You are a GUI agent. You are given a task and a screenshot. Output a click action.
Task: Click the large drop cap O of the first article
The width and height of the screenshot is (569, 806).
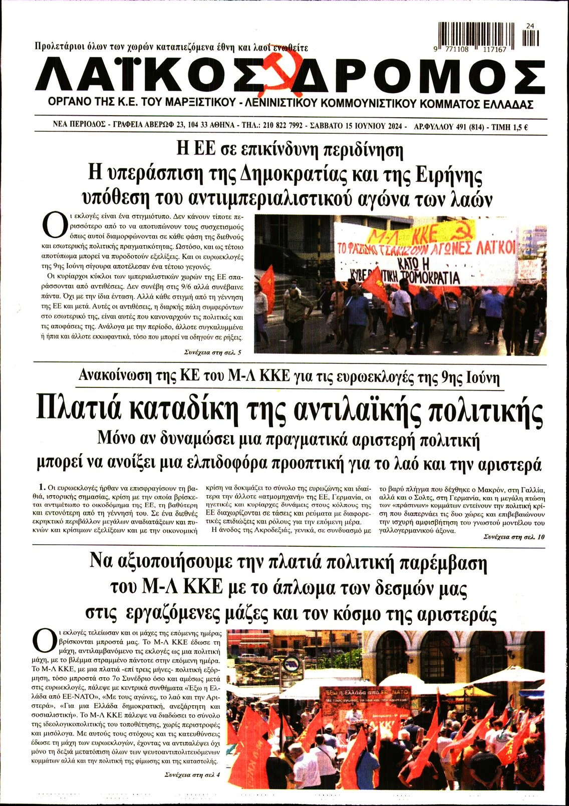coord(54,226)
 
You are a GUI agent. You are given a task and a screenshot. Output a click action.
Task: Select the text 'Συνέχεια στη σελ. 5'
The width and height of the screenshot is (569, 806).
coord(213,352)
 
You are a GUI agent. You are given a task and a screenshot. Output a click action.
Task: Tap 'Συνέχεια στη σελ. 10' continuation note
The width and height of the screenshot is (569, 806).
coord(514,537)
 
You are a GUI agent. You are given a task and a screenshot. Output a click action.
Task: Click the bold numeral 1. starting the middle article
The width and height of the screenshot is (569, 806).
coord(42,486)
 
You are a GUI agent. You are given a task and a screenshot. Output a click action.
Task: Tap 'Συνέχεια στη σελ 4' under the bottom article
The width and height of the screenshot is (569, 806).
coord(192,774)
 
